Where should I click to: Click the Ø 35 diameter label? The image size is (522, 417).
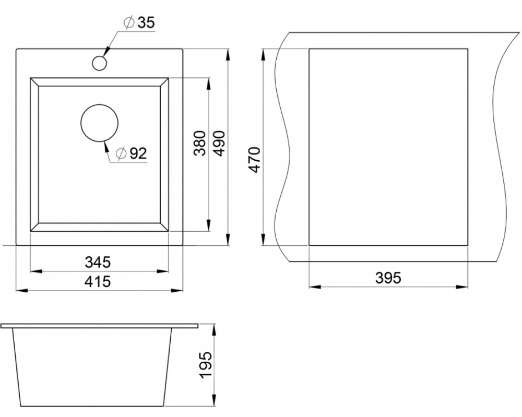coord(139,22)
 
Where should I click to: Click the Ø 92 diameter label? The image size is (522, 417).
coord(131,153)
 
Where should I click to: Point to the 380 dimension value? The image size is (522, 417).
coord(200,143)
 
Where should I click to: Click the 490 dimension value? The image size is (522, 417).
coord(219,143)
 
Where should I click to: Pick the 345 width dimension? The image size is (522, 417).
coord(98,262)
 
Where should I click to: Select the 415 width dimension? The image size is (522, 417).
coord(98,282)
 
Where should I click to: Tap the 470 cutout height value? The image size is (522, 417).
coord(255,159)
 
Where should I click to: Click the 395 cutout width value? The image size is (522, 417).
coord(388,278)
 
